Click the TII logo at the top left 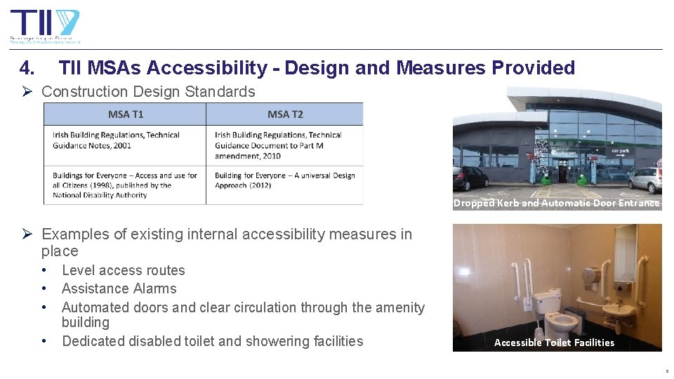click(44, 26)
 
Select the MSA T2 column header click(284, 114)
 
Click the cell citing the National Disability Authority click(124, 185)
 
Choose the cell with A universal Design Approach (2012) click(284, 181)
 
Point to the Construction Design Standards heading click(148, 92)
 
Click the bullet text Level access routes click(124, 270)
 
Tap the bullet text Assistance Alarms click(119, 288)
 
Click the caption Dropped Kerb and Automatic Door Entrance click(556, 204)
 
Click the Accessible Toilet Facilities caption click(554, 343)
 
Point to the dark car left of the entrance click(470, 178)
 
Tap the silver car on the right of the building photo click(644, 179)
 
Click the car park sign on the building click(619, 150)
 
